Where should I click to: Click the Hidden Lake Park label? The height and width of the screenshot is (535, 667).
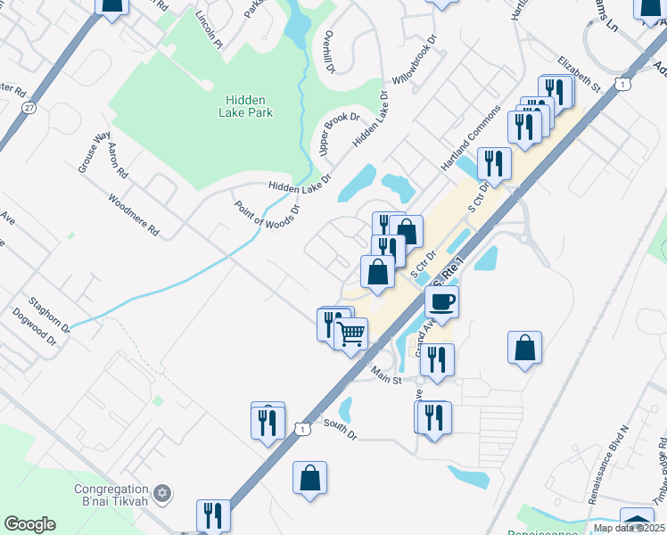tap(245, 106)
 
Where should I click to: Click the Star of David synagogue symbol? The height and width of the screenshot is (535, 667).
tap(161, 493)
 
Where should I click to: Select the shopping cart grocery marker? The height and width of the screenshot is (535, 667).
tap(351, 333)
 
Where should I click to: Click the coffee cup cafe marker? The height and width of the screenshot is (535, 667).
tap(441, 301)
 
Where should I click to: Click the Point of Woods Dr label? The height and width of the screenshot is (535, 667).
tap(267, 214)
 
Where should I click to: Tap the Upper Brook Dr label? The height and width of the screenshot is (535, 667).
tap(339, 135)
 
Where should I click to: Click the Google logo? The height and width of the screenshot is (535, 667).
tap(30, 524)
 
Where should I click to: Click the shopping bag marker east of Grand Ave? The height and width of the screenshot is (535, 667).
tap(525, 349)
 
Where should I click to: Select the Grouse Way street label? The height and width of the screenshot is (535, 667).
tap(88, 152)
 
